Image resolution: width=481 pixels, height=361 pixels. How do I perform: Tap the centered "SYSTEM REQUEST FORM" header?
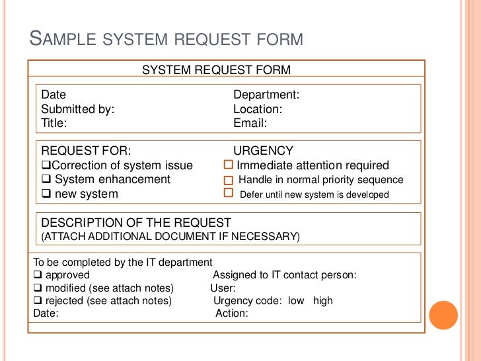click(216, 70)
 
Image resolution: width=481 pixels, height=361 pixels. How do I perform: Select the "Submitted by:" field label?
click(78, 109)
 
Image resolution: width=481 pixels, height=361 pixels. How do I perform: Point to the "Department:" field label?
click(266, 95)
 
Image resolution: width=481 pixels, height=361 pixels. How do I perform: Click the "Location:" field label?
click(258, 109)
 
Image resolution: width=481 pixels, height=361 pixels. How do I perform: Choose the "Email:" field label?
click(250, 123)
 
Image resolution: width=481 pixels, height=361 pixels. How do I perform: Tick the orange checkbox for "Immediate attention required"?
click(229, 165)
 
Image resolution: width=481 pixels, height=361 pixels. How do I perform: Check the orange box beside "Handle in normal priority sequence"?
click(229, 180)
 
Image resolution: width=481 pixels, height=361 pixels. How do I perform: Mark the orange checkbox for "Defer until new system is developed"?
click(229, 193)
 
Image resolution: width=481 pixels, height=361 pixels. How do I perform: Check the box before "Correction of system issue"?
click(46, 165)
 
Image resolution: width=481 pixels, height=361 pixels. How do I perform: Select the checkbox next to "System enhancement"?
click(46, 179)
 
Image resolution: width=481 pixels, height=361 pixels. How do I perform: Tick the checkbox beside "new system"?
click(46, 194)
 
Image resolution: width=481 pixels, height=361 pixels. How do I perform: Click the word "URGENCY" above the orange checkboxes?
click(263, 151)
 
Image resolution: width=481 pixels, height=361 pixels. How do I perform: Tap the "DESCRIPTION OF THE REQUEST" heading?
click(136, 223)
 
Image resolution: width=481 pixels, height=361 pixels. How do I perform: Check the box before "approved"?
click(38, 275)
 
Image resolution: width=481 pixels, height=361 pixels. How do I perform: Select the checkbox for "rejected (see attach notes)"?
click(38, 301)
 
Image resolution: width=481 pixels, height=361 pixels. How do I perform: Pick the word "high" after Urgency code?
click(323, 301)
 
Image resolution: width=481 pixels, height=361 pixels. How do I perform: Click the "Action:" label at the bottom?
click(232, 313)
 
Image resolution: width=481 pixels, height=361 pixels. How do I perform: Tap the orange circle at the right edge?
click(443, 315)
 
